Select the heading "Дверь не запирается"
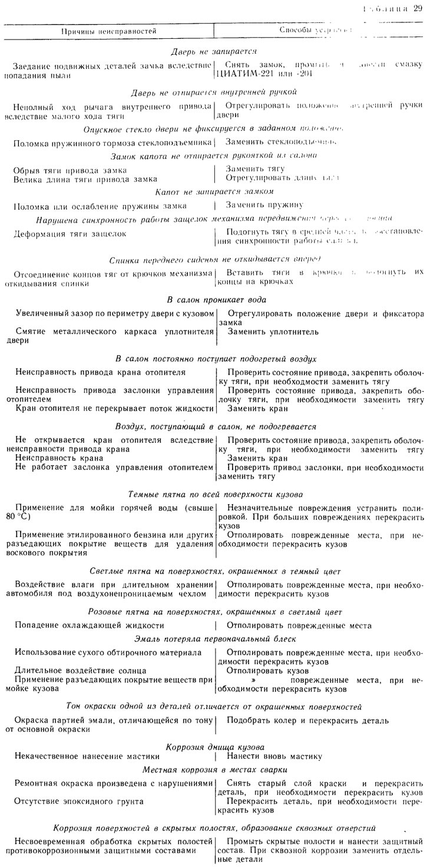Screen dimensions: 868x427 (x=213, y=52)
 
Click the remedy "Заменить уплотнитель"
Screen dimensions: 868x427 (x=273, y=332)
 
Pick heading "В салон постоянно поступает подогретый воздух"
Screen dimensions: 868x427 (x=216, y=358)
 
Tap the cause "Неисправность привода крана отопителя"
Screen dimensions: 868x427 (x=101, y=372)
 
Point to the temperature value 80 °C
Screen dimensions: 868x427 (x=27, y=516)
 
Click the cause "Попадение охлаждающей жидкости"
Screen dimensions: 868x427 (x=90, y=625)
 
